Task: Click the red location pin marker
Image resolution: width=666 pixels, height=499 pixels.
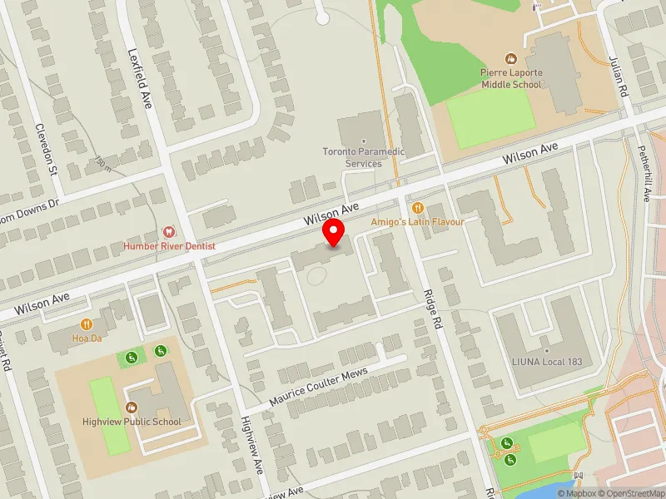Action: click(x=334, y=233)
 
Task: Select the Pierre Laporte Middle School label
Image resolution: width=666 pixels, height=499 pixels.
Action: click(x=510, y=78)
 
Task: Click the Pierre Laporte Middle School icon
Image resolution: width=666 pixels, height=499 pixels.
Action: click(x=510, y=59)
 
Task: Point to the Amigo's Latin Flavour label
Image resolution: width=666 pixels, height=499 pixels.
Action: click(x=418, y=222)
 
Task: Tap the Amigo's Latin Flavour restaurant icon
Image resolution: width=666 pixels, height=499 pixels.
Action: click(x=418, y=208)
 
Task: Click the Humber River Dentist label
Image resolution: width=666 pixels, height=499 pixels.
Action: click(x=169, y=246)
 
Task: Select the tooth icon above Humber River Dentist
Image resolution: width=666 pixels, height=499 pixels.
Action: click(x=169, y=232)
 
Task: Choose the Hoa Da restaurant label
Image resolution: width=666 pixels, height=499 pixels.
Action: click(x=86, y=338)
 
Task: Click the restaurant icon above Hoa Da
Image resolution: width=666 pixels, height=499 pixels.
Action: click(x=86, y=324)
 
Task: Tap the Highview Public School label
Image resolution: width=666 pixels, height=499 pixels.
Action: click(x=132, y=422)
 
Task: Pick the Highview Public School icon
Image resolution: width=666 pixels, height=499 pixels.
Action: click(x=132, y=407)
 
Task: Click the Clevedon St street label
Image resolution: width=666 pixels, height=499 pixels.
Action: click(x=44, y=150)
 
